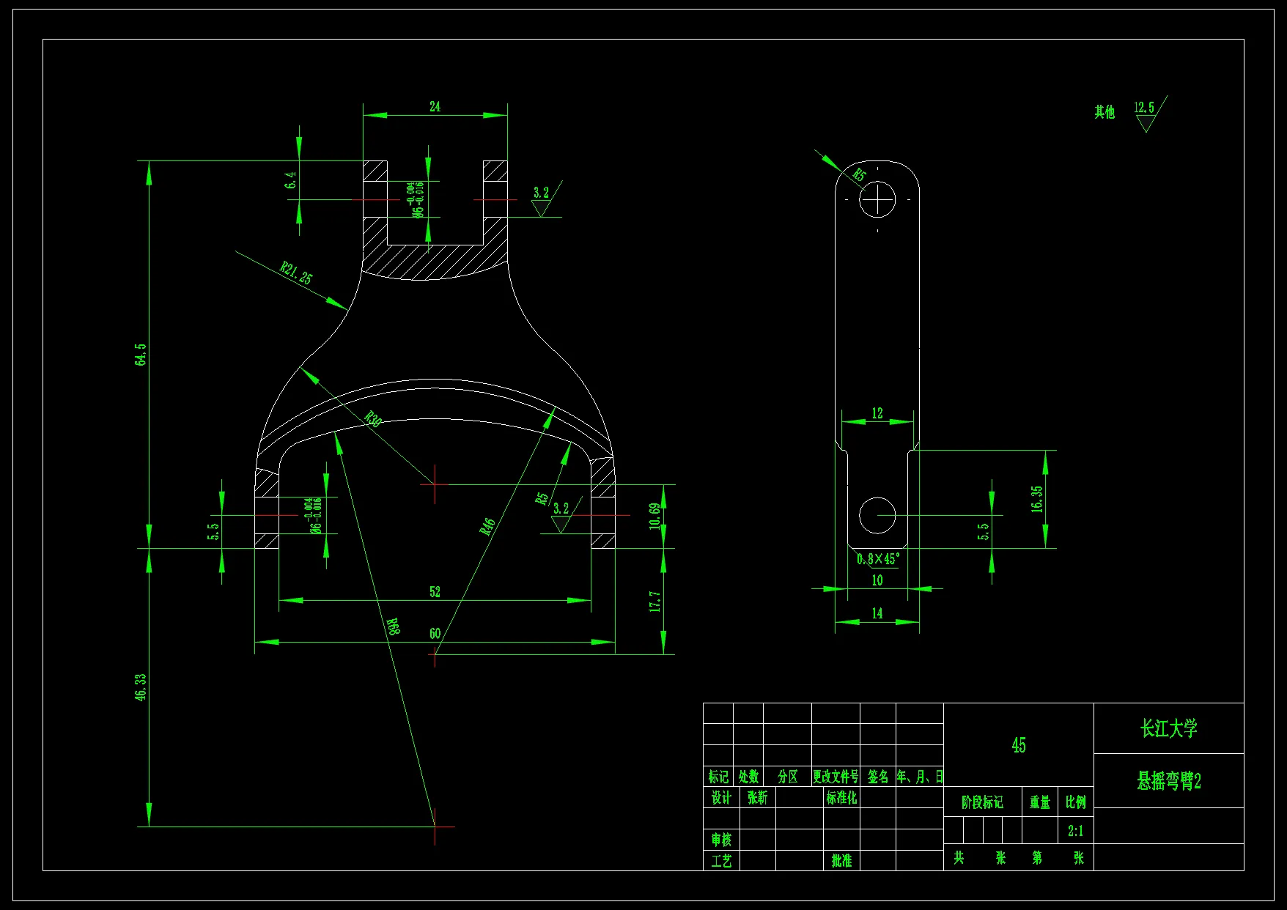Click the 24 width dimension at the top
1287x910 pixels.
click(435, 107)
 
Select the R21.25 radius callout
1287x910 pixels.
click(296, 273)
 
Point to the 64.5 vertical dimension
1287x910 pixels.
click(141, 355)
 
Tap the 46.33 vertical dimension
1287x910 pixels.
click(141, 687)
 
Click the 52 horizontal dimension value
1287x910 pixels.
click(435, 592)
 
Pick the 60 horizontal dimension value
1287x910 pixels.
click(435, 634)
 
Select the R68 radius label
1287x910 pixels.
click(394, 626)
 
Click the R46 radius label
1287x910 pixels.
click(488, 526)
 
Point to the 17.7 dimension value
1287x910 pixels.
click(655, 602)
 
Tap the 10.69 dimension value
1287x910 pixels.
click(654, 516)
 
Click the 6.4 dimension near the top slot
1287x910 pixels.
click(291, 180)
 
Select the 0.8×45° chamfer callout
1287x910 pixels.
click(878, 559)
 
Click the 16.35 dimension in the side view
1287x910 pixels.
click(1037, 499)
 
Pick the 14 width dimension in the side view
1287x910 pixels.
click(877, 614)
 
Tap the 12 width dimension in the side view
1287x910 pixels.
click(877, 413)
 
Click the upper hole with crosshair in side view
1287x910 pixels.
click(877, 199)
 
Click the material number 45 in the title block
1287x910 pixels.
click(1019, 746)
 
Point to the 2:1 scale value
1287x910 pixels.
click(1075, 831)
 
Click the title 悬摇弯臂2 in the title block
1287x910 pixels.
click(1169, 782)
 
